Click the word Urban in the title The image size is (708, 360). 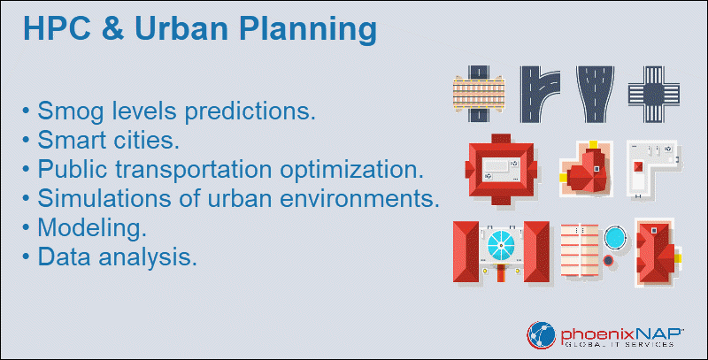coord(182,28)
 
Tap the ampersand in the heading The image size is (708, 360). coord(112,28)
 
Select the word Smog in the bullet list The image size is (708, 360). coord(71,111)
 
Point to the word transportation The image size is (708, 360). coord(193,169)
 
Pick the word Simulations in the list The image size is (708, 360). coord(104,198)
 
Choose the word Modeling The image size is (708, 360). coord(92,228)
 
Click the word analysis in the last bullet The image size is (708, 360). coord(148,257)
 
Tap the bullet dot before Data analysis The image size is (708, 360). coord(26,257)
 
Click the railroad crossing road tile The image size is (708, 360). coord(479,94)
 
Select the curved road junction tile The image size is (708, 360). coord(540,95)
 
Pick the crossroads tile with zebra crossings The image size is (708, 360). coord(654,95)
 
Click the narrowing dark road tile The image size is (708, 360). coord(595,95)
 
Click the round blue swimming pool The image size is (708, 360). coord(615,236)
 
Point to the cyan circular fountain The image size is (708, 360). coord(501,246)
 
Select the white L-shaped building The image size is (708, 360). coord(653,169)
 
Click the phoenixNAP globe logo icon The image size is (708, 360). coord(541,335)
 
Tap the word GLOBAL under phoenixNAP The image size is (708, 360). coord(582,344)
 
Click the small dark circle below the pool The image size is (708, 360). coord(608,260)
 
